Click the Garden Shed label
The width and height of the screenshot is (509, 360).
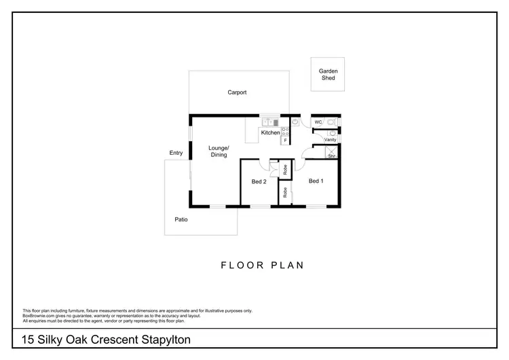coord(328,75)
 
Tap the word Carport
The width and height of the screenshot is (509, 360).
coord(237,92)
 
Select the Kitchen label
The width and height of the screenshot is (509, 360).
coord(270,132)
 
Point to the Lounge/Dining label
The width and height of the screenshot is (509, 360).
coord(219,151)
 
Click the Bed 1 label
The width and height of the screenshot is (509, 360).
coord(316,181)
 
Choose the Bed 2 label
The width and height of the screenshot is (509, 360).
coord(259,181)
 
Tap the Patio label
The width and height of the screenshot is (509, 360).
coord(181,219)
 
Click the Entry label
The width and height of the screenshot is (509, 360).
coord(176,153)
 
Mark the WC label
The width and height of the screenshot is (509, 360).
coord(317,122)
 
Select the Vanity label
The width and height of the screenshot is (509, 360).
coord(331,140)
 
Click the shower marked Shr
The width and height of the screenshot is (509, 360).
coord(331,153)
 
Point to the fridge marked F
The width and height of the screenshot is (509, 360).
coord(285,140)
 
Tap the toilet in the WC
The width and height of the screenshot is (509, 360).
coord(331,122)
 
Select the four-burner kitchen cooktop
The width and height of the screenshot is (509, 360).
coord(286,131)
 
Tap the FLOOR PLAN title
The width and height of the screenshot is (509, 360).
coord(263,265)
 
